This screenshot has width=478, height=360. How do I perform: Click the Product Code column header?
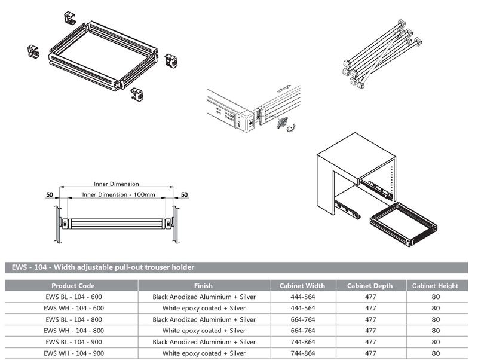coord(73,286)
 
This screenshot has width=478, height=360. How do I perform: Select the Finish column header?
coord(204,286)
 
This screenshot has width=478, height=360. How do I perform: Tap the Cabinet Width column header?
coord(302,286)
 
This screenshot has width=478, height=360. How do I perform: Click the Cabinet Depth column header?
coord(370,286)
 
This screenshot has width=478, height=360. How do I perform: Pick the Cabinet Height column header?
coord(436,286)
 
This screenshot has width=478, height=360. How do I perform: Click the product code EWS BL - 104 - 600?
coord(73,297)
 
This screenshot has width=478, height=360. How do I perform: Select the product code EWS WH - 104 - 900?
coord(73,353)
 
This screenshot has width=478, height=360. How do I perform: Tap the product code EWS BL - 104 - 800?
coord(73,320)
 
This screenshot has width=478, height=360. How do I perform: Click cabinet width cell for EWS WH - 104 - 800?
coord(302,331)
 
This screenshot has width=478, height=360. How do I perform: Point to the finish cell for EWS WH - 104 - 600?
coord(204,309)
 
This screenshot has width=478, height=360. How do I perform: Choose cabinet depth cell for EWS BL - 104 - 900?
coord(370,342)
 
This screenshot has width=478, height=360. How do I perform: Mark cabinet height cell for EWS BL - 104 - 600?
coord(436,297)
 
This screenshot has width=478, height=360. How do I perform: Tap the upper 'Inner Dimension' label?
coord(117,184)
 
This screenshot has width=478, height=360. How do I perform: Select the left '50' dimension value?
coord(50,195)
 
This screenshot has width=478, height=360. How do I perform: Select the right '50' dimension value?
coord(184,195)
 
